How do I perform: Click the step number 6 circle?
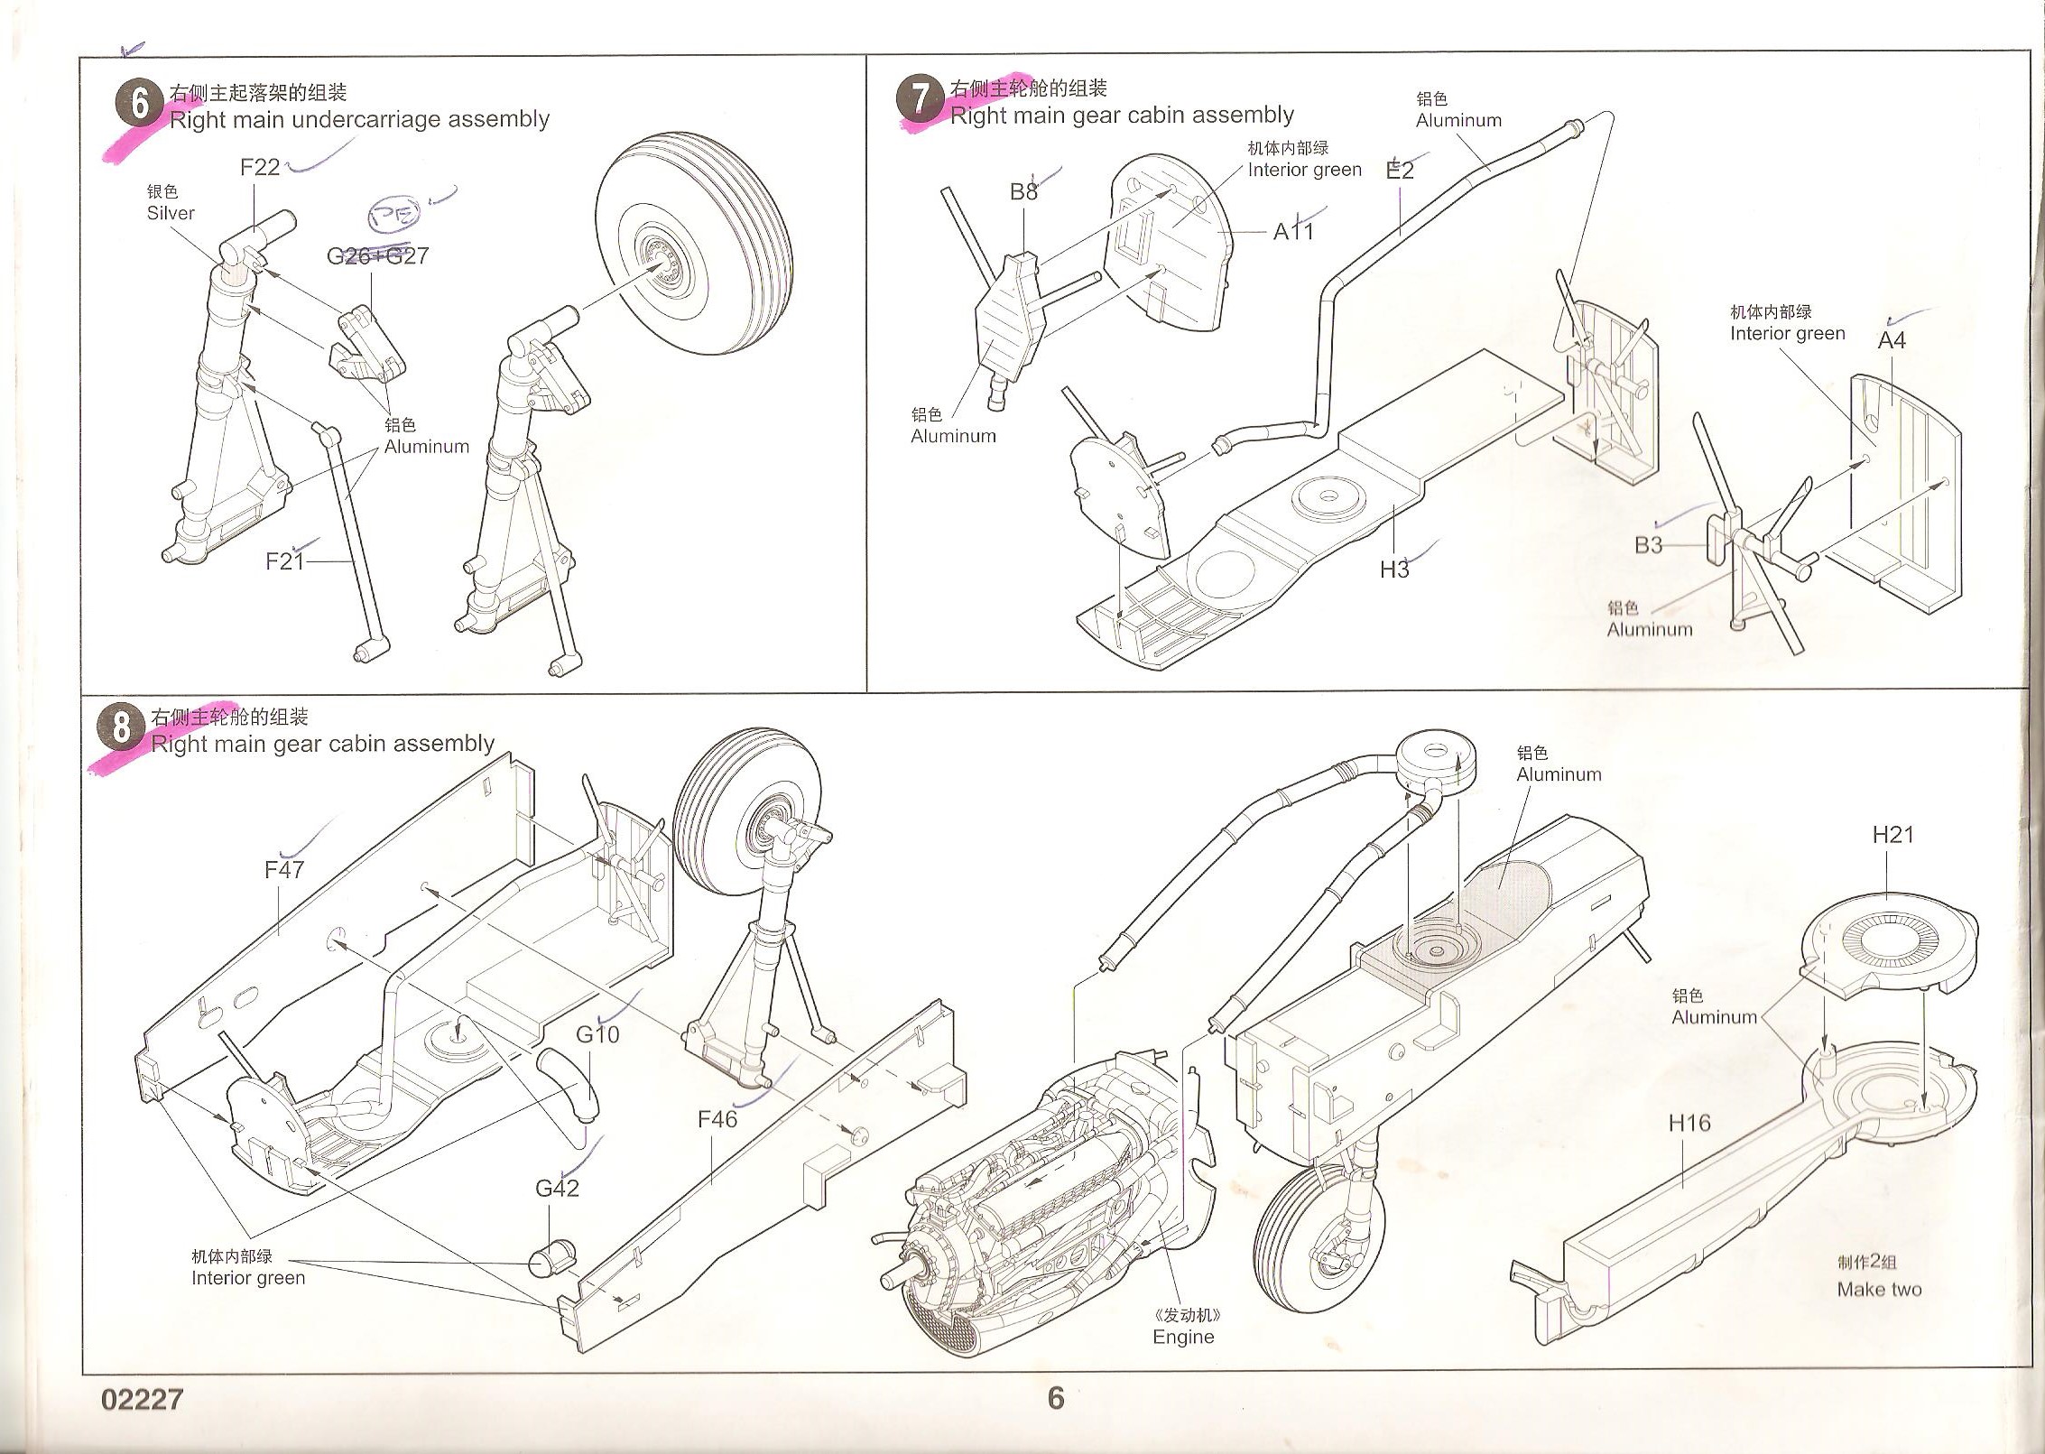click(139, 104)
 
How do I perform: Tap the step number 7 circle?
click(919, 98)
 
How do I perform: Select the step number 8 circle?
click(121, 727)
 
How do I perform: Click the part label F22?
click(260, 167)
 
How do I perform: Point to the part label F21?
click(284, 561)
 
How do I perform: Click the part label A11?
click(1293, 232)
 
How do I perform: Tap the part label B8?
click(1023, 191)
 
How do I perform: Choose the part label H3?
click(1393, 569)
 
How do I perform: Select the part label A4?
click(1892, 340)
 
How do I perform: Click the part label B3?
click(1648, 545)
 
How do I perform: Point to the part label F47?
click(284, 869)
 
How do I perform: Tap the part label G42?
click(557, 1189)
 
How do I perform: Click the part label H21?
click(1892, 835)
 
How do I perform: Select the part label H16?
click(1689, 1123)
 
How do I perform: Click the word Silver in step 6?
click(171, 213)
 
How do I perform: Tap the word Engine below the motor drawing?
click(1183, 1337)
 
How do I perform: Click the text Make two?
click(1879, 1290)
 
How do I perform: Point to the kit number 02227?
click(142, 1399)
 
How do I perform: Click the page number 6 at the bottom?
click(1055, 1398)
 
